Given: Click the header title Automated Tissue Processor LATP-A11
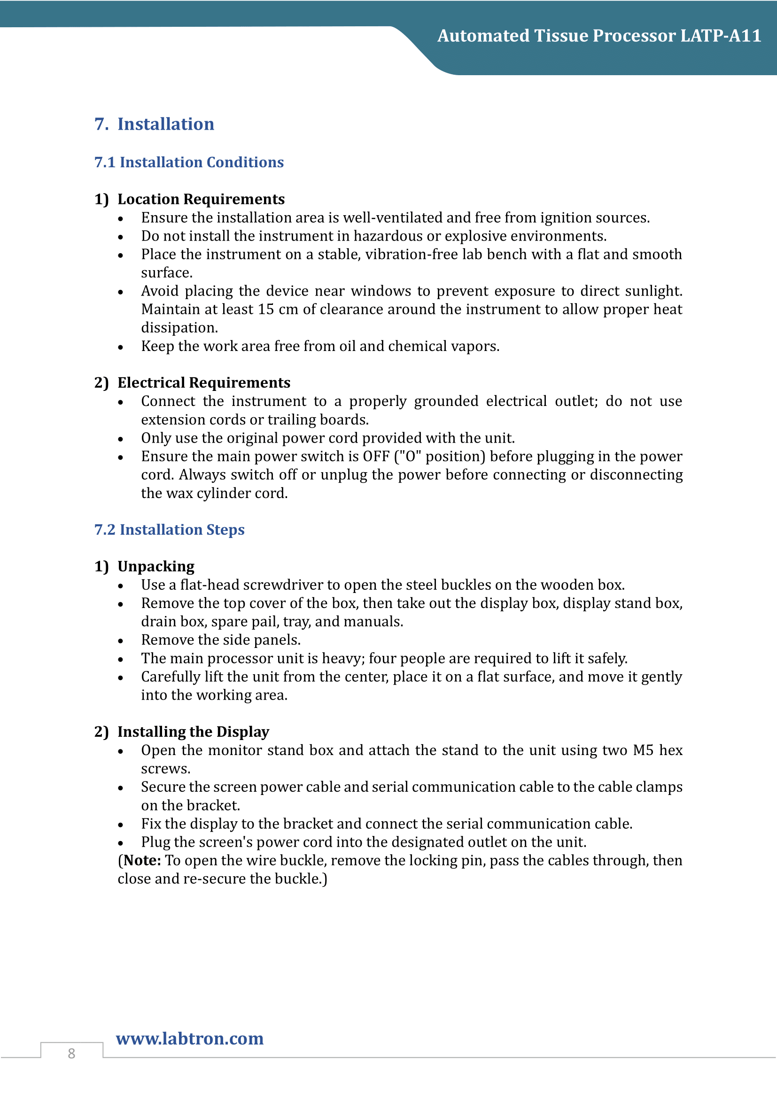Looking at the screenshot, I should [598, 36].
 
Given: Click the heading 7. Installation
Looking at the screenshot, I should [154, 124].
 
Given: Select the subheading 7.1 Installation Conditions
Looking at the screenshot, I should [189, 162].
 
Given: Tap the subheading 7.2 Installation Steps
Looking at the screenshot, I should [170, 530].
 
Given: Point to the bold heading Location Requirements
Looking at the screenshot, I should [201, 199].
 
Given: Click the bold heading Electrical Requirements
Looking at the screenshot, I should [204, 382].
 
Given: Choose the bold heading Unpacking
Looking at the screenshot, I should [156, 566].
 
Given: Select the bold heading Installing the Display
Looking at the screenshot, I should [193, 732].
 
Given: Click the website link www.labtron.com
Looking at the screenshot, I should [189, 1038].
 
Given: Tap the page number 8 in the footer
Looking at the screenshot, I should [71, 1053].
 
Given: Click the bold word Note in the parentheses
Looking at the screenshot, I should [141, 860].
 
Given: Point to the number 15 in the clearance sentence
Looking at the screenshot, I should [265, 309].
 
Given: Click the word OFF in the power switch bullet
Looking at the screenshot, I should [376, 456].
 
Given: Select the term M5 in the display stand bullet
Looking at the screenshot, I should [643, 750].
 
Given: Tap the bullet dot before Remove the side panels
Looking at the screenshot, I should [121, 641].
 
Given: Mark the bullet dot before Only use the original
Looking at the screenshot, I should [121, 439].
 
